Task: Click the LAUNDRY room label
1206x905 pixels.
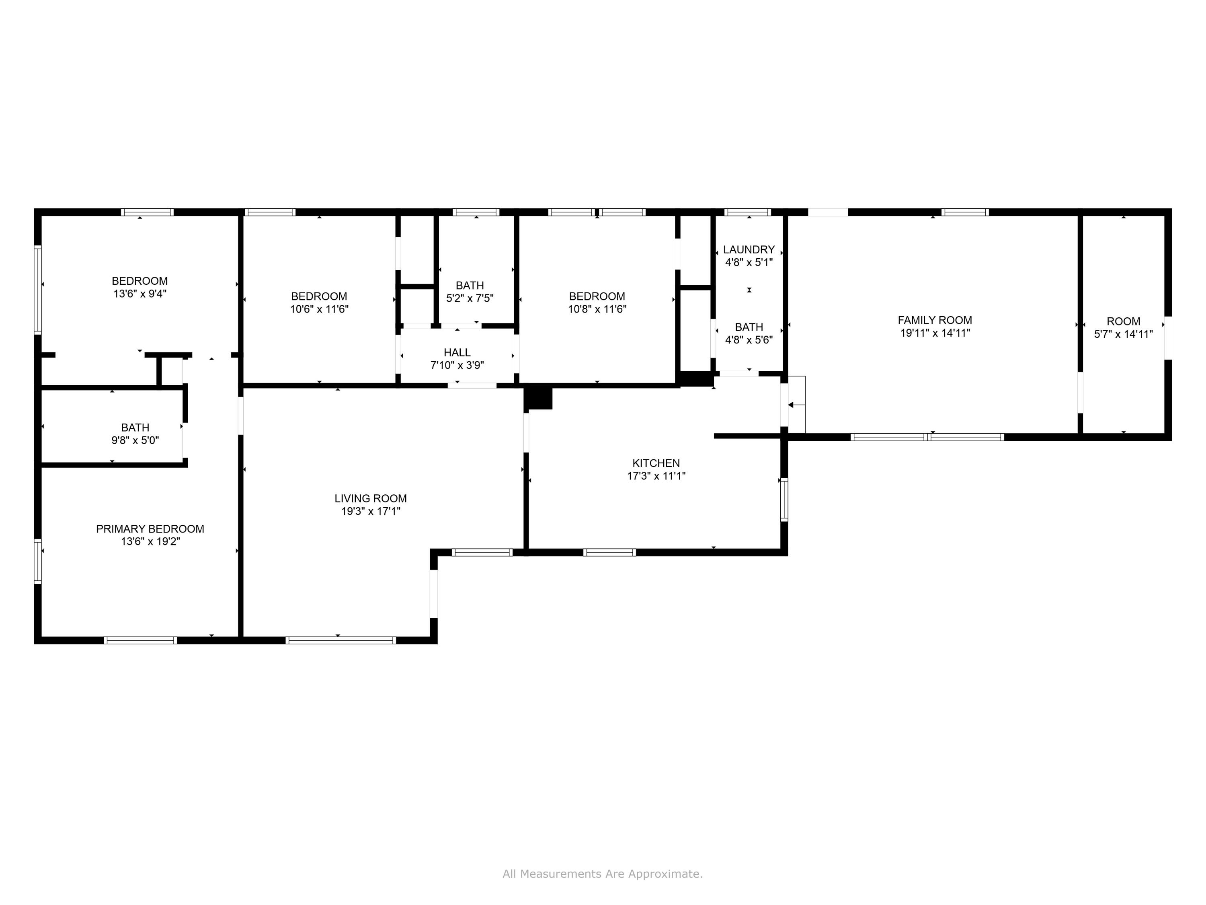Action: click(749, 249)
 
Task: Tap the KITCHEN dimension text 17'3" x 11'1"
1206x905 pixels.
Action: click(656, 476)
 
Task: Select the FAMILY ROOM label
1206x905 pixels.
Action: click(935, 320)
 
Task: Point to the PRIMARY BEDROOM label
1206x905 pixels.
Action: click(150, 529)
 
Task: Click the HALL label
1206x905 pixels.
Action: click(457, 352)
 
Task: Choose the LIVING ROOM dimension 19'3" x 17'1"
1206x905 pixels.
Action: click(371, 511)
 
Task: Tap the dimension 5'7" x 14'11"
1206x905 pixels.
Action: click(1123, 334)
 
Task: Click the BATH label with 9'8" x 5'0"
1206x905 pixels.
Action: click(135, 428)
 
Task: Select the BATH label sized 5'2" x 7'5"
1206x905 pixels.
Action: click(470, 285)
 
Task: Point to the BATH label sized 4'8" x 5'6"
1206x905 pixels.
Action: click(749, 327)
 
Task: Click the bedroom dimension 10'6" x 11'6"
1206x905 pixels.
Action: click(319, 309)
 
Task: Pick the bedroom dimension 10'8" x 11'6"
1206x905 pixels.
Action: click(597, 309)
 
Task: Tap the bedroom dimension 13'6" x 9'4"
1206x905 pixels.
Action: click(139, 294)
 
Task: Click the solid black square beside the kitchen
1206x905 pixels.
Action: click(538, 397)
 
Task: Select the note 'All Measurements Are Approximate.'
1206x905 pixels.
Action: click(603, 874)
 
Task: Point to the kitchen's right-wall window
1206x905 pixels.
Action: click(784, 499)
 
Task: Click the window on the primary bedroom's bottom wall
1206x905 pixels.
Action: click(140, 640)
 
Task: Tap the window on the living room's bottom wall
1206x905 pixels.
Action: click(341, 640)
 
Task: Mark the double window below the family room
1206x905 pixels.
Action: click(927, 437)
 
